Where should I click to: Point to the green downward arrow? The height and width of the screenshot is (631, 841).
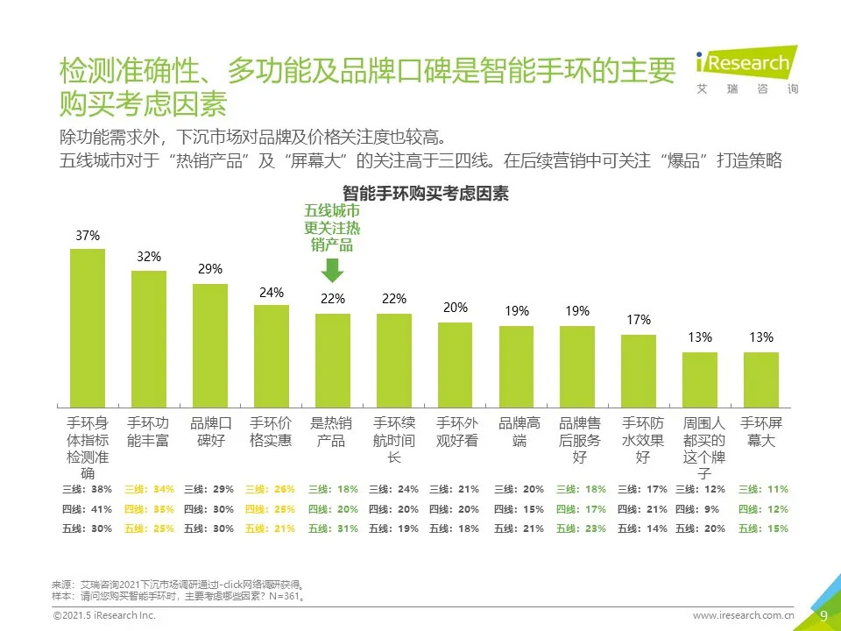click(333, 269)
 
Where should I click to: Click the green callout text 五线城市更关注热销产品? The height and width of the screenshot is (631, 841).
click(332, 228)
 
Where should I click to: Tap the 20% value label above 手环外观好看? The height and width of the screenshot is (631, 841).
click(456, 308)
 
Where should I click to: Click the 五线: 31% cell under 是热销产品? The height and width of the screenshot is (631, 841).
click(333, 528)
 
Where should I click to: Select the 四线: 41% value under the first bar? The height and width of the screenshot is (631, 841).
click(88, 509)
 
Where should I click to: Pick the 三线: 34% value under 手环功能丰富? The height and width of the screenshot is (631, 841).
click(149, 490)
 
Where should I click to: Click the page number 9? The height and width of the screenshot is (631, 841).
click(823, 615)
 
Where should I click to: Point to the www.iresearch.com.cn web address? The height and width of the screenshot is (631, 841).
click(744, 616)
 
